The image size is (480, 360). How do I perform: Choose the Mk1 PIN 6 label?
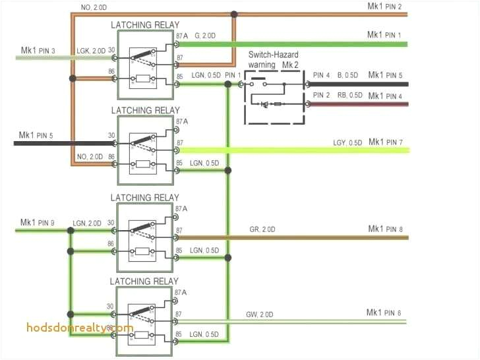(384, 313)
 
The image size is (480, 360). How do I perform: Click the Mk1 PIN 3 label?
(37, 50)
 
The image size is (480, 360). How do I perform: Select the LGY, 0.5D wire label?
(347, 143)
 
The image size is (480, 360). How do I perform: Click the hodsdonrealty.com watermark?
(80, 328)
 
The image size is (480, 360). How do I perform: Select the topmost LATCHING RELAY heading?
(144, 25)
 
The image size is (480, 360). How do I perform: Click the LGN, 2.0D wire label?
(87, 224)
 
